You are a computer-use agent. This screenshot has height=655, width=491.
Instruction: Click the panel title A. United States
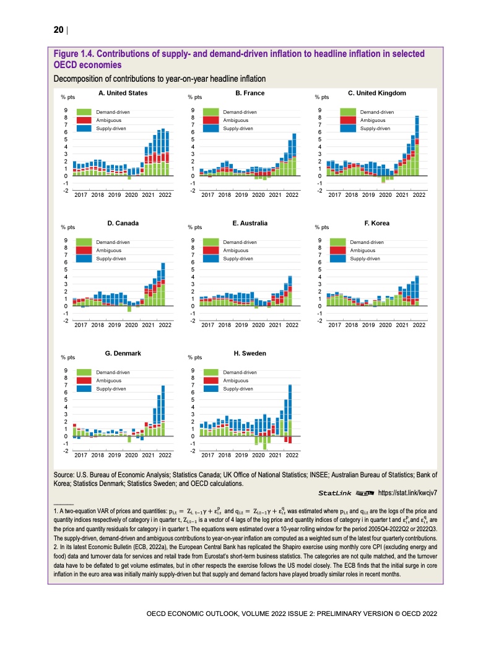123,93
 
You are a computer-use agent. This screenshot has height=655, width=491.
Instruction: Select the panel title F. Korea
377,223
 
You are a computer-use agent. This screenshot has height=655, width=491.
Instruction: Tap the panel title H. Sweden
250,353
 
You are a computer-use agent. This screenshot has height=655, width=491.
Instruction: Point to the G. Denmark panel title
123,353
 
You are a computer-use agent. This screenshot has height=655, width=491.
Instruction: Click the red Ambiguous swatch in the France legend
212,120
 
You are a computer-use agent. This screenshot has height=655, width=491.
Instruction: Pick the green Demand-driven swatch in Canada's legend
84,241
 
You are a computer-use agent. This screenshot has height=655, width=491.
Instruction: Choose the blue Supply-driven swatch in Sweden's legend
212,389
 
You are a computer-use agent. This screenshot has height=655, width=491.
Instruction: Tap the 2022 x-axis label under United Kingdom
419,194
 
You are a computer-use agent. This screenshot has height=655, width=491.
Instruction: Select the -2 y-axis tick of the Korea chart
319,321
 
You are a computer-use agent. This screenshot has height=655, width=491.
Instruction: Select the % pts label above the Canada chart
67,227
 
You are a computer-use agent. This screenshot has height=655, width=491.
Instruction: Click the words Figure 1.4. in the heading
76,54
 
